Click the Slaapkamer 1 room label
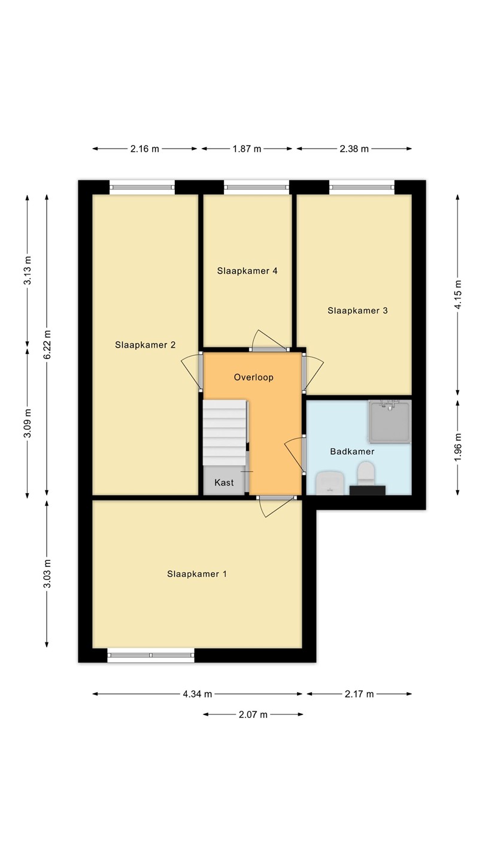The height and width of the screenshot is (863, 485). tap(196, 574)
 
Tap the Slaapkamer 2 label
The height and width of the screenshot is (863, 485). tap(145, 345)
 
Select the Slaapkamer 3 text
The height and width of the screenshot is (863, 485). tap(357, 310)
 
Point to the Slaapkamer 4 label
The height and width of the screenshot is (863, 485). tap(247, 271)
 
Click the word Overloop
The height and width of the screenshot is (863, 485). tap(254, 377)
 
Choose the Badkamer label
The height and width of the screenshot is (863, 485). tap(352, 451)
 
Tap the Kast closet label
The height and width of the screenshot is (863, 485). tap(224, 482)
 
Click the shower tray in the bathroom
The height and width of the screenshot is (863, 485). tap(390, 421)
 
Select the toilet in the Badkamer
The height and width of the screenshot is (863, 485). tap(366, 474)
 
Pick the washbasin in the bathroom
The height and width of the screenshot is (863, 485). tap(330, 483)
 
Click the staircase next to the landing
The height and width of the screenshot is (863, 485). tap(225, 433)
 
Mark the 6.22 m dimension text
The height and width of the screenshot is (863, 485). tap(47, 345)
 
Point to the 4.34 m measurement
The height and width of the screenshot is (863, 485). tap(198, 694)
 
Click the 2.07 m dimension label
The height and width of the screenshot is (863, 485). tap(253, 714)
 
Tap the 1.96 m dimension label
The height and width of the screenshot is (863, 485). tap(457, 447)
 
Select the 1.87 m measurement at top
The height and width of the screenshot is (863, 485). tap(247, 149)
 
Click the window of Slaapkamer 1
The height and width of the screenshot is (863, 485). tap(151, 655)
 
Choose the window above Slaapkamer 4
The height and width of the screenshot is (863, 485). tap(257, 187)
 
